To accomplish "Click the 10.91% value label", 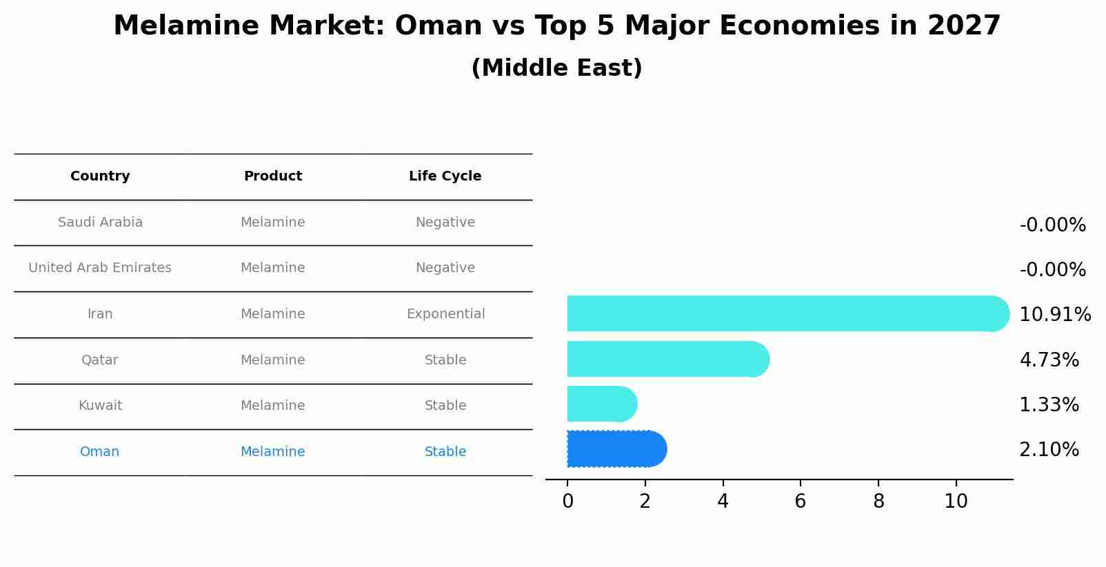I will click(x=1054, y=315).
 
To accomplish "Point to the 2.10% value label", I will click(x=1049, y=450).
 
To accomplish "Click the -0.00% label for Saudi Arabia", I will click(x=1052, y=225).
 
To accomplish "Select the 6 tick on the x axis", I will click(x=801, y=502).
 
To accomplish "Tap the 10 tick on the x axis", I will click(x=956, y=502).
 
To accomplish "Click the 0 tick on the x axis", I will click(x=567, y=502).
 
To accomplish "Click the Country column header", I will click(x=100, y=176).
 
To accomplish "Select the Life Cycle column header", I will click(x=445, y=176).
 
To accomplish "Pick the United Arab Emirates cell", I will click(x=100, y=268).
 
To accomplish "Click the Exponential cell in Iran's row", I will click(x=445, y=314).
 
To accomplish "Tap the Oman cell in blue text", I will click(x=99, y=452).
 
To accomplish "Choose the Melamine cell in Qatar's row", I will click(x=272, y=360).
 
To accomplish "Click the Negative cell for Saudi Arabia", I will click(x=445, y=223).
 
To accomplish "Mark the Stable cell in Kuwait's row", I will click(x=445, y=406).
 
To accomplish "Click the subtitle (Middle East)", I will click(x=556, y=68).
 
